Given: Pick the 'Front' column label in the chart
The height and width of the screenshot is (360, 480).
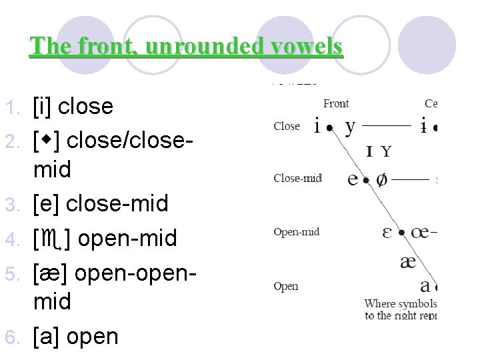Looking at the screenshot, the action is (x=336, y=104).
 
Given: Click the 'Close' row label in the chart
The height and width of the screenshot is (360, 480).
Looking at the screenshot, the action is (x=287, y=126).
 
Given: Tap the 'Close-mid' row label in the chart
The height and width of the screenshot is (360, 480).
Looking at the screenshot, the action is (x=297, y=178).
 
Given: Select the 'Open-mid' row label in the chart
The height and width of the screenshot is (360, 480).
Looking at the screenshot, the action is (x=297, y=232).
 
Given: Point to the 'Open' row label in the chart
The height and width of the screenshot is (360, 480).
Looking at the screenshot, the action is (x=286, y=286).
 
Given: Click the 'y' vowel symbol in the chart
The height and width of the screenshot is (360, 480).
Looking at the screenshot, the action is (x=350, y=127).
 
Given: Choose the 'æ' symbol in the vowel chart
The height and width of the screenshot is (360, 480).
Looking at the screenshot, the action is (x=407, y=261).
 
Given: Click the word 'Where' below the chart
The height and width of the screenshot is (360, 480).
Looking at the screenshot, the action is (x=380, y=304).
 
